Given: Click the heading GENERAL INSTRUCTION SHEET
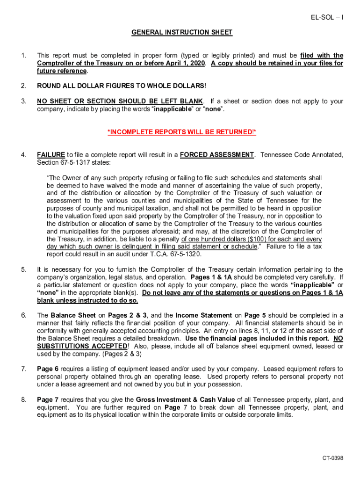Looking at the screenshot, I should [181, 32].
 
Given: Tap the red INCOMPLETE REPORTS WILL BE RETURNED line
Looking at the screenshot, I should [181, 132].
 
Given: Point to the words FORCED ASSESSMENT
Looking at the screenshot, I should [217, 155].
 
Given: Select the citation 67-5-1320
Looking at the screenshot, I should [183, 254].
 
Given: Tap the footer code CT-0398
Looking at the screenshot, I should [332, 458].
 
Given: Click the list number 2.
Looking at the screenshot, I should [23, 86].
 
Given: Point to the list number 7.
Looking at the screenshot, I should [23, 369].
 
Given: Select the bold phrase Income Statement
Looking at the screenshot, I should [203, 315].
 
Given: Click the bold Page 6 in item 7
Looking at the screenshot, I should [48, 369].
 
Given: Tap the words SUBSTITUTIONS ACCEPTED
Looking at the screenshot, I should [82, 346].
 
